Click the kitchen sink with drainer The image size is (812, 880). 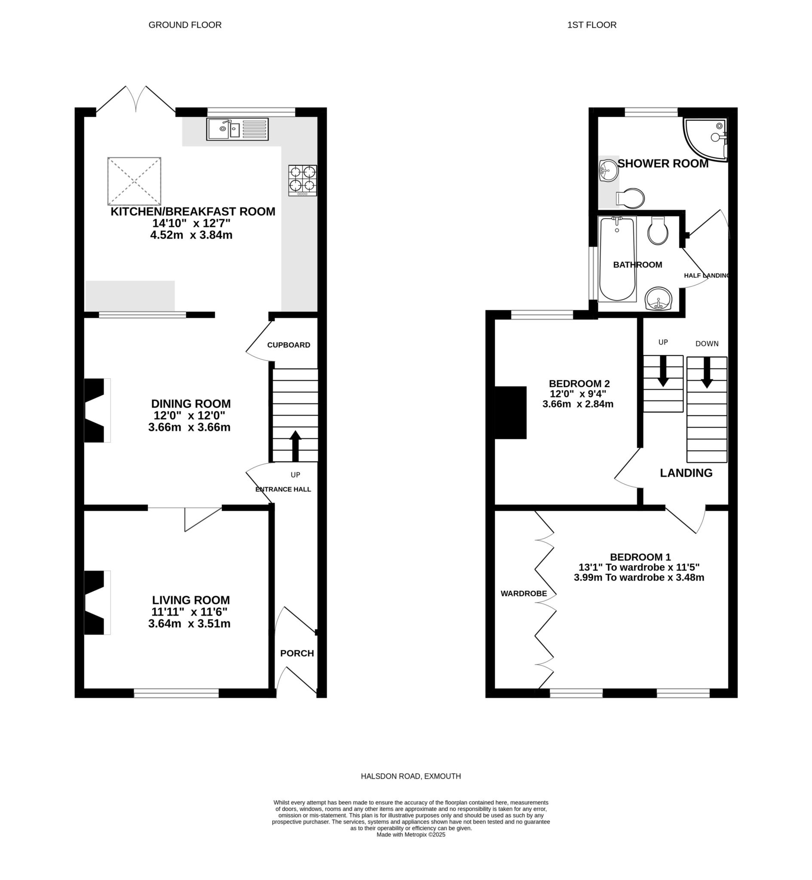pos(237,129)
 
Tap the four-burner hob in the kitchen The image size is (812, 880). pos(302,180)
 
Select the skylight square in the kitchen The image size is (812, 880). pos(135,181)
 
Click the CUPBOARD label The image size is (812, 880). pos(289,345)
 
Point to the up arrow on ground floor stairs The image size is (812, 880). pos(295,446)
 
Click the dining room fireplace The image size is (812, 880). pos(97,410)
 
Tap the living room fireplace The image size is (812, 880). pos(97,602)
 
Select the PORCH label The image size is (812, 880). pos(297,654)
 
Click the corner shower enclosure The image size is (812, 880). pos(706,140)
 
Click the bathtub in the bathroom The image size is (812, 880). pos(617,259)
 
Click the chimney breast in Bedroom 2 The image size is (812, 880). pos(511,412)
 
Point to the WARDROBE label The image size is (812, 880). pos(524,594)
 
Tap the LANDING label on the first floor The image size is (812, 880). pos(686,473)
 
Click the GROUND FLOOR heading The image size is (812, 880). pos(185,25)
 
